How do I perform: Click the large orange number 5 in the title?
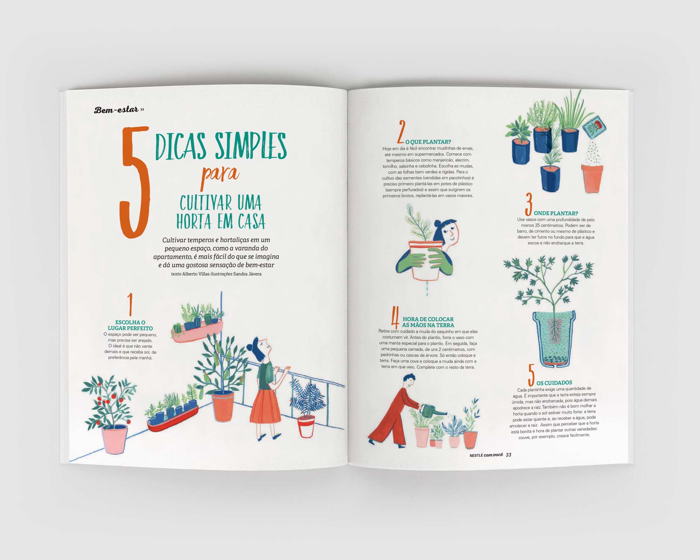(x=135, y=182)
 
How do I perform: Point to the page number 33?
(x=509, y=455)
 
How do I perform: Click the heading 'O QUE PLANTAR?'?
(x=428, y=142)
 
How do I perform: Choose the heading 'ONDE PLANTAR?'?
(x=556, y=213)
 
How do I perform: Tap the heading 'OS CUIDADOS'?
(x=554, y=383)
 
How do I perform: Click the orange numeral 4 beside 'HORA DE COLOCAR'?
(x=395, y=317)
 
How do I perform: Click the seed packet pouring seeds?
(x=594, y=128)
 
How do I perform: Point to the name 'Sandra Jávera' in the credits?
(x=247, y=274)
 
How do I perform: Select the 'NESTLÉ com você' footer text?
(x=486, y=455)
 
